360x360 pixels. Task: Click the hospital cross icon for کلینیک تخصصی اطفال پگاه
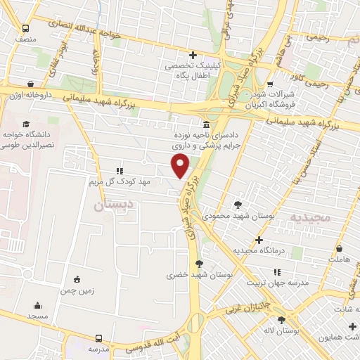coord(193,55)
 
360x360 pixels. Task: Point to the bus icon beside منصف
coord(26,29)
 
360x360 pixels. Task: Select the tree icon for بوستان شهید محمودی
coord(240,204)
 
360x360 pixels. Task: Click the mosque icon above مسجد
coord(37,306)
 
